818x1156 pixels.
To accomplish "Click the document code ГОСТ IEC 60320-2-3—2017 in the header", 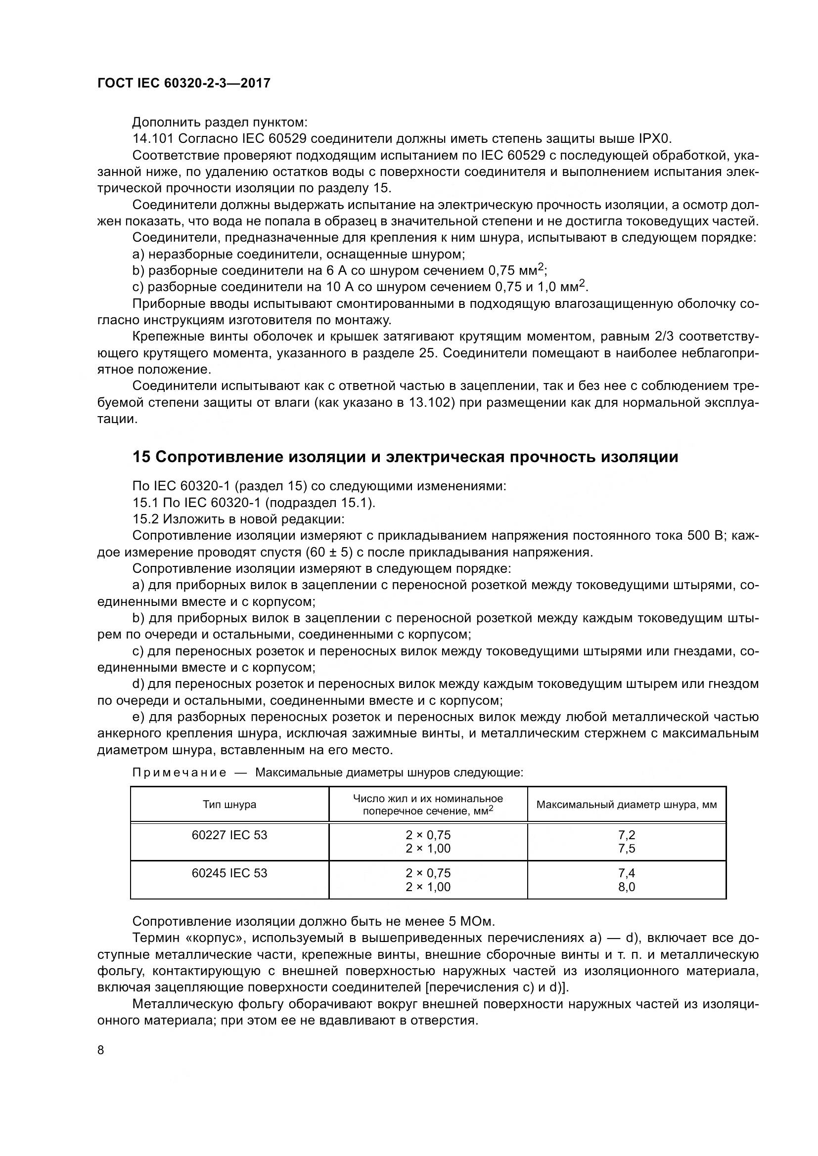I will point(183,83).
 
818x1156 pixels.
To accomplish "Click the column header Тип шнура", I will point(229,805).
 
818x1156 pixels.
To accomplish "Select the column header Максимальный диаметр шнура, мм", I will point(626,805).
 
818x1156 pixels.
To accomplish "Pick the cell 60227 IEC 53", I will point(229,835).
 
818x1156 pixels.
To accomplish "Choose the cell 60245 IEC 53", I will point(229,873).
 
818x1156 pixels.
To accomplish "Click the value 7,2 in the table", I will point(627,835).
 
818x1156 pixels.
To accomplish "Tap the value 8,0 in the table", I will point(627,887).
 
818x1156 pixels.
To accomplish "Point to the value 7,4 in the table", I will point(627,873).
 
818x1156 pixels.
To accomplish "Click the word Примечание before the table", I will point(180,773).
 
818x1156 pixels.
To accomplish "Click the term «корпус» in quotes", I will point(216,938).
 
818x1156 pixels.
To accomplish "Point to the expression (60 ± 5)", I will point(329,553).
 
